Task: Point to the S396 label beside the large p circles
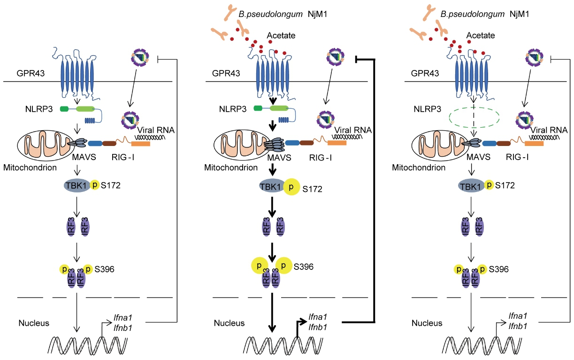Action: click(x=304, y=267)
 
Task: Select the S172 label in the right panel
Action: click(x=504, y=186)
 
